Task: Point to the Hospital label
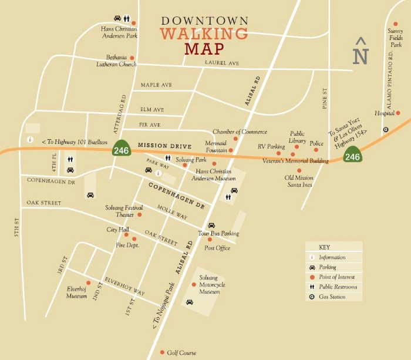click(385, 113)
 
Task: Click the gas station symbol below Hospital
click(386, 129)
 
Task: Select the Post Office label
click(217, 248)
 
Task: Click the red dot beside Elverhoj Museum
click(89, 282)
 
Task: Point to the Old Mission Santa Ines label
click(299, 181)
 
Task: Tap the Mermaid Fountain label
click(215, 146)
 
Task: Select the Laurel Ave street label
click(222, 63)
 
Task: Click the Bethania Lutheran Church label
click(121, 60)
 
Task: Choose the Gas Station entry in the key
click(332, 297)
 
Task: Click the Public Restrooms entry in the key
click(338, 287)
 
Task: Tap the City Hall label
click(117, 230)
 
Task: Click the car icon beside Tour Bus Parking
click(211, 225)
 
